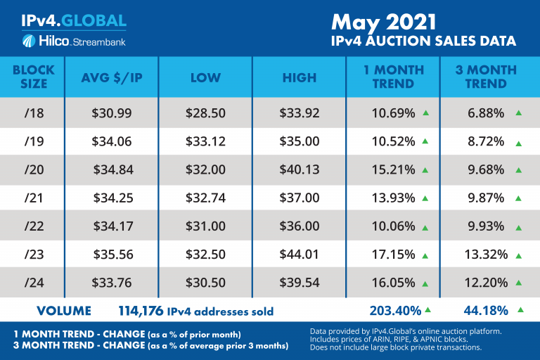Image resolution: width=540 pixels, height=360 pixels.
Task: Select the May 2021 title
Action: pyautogui.click(x=395, y=20)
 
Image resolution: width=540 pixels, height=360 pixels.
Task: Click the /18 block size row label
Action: pyautogui.click(x=33, y=112)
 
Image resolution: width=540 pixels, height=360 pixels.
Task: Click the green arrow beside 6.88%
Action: pyautogui.click(x=518, y=112)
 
